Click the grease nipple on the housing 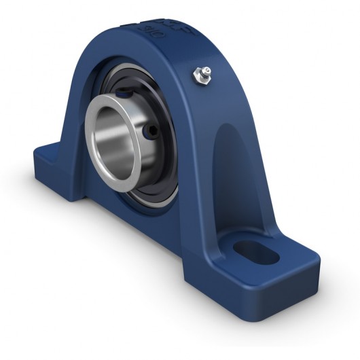click(201, 74)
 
